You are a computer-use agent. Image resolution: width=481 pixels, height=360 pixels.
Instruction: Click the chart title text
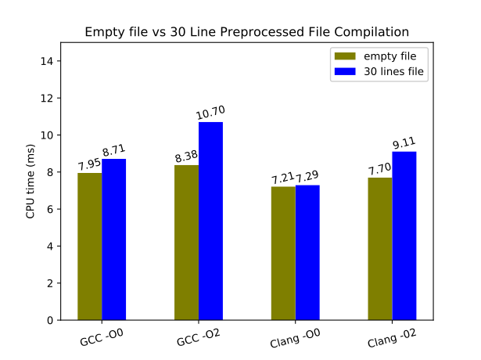tap(246, 32)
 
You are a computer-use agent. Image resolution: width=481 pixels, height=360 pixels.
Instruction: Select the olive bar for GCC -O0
tap(90, 246)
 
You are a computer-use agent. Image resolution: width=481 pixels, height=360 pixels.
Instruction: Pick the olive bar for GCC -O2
tap(186, 242)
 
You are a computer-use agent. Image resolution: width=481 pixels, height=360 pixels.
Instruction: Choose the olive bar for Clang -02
tap(380, 248)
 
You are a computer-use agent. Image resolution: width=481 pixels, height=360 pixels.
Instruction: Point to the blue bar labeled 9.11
tap(404, 236)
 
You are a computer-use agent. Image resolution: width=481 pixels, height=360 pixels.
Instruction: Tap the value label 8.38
tap(186, 157)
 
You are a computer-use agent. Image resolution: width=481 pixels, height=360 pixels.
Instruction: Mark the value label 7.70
tap(380, 170)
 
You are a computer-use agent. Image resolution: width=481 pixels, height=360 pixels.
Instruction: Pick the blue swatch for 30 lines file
tap(345, 71)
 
